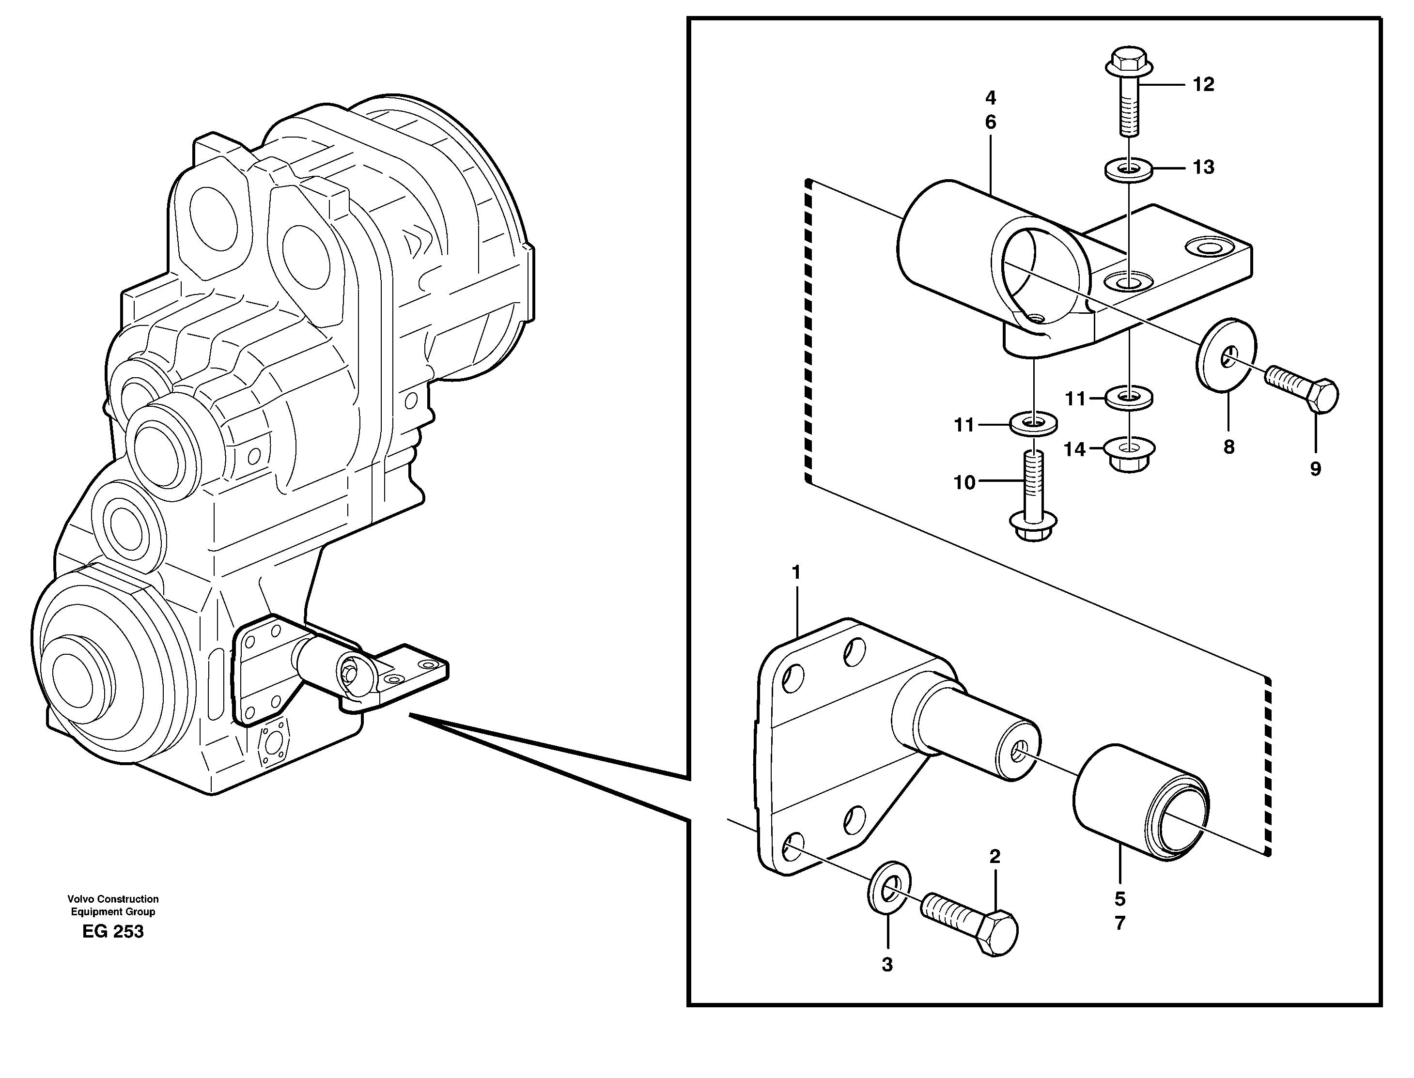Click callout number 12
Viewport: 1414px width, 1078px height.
click(1203, 85)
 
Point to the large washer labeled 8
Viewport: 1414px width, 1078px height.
click(1226, 354)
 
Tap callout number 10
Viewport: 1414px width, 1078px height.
click(964, 482)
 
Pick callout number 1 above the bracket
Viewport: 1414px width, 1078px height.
click(796, 572)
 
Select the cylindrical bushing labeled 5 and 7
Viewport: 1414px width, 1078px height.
click(1141, 803)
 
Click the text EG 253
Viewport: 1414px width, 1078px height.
click(113, 931)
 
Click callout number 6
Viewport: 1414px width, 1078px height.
click(990, 122)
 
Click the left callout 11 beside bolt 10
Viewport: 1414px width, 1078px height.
click(964, 425)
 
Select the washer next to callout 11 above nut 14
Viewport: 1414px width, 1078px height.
click(1129, 397)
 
